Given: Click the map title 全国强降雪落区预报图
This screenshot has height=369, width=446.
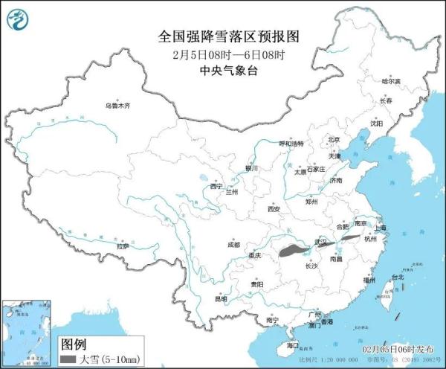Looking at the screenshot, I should [218, 36].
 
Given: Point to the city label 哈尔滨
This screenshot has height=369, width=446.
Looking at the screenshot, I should [390, 80].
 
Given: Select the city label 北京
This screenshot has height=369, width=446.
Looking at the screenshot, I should [334, 139].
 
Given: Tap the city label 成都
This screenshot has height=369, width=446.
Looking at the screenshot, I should [233, 244].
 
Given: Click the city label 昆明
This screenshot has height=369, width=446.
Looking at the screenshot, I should [221, 299].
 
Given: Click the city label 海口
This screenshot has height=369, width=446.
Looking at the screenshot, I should [292, 345].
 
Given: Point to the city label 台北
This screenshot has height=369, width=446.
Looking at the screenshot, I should [396, 277].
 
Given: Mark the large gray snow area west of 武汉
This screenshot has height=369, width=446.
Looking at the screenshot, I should [294, 251].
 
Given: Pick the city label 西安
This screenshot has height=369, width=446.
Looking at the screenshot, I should [273, 210].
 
